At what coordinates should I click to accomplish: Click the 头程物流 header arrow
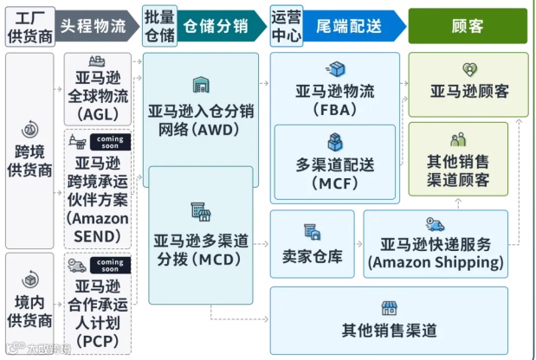pyautogui.click(x=94, y=26)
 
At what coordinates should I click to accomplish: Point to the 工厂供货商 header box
pyautogui.click(x=28, y=26)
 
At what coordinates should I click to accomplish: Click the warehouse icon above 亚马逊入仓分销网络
pyautogui.click(x=201, y=85)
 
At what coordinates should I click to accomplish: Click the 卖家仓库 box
pyautogui.click(x=313, y=244)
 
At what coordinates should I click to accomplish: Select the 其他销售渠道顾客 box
pyautogui.click(x=468, y=161)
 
